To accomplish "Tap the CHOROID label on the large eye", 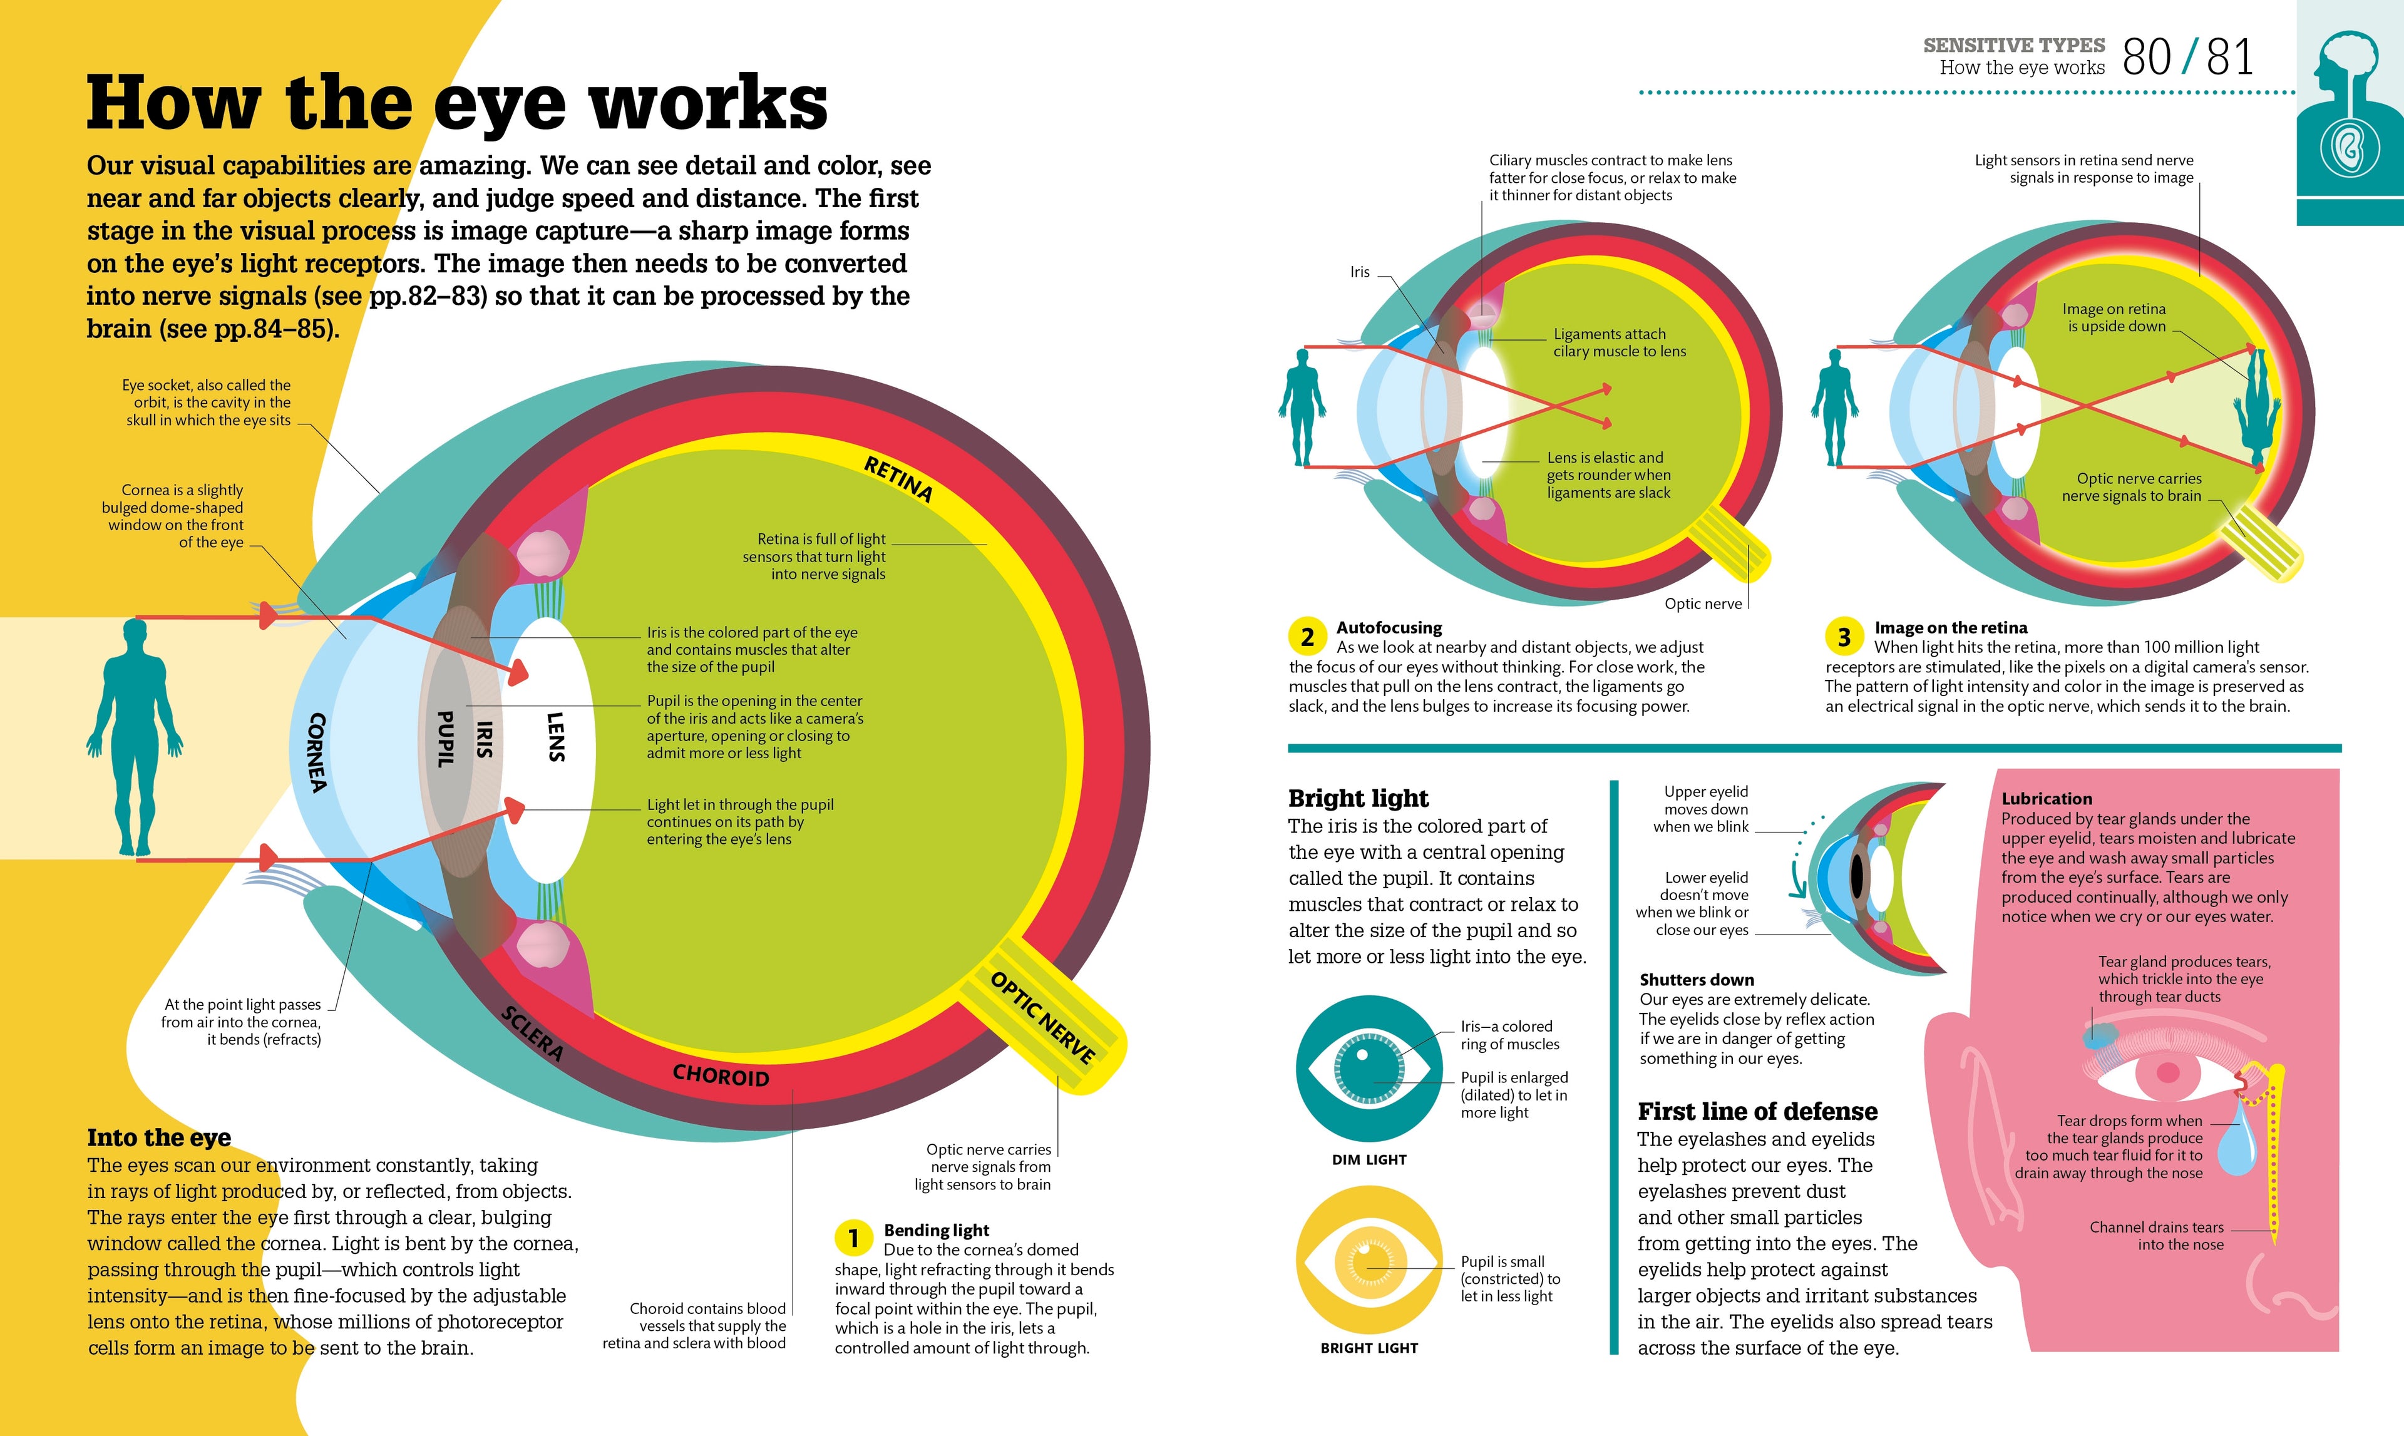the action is [x=721, y=1075].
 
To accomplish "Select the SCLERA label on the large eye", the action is [x=532, y=1032].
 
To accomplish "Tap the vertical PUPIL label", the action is [x=446, y=739].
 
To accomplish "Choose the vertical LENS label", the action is [x=555, y=737].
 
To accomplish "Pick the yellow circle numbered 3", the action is [x=1844, y=637].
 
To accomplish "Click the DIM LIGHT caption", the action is [x=1369, y=1159].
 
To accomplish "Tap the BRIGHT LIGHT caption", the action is [x=1369, y=1348].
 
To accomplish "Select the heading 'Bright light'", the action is [x=1359, y=798].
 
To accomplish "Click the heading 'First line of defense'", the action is [x=1757, y=1111].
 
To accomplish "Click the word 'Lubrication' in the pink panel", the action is [x=2047, y=798].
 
